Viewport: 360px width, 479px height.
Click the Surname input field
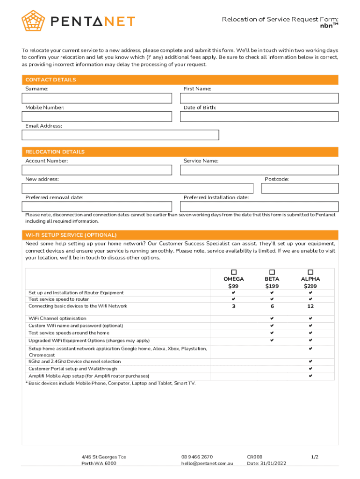click(x=97, y=98)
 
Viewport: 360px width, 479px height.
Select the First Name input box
click(x=259, y=98)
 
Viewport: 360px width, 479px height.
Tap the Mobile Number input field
click(x=97, y=116)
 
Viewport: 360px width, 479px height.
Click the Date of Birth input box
click(x=259, y=116)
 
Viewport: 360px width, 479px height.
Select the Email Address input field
click(x=120, y=135)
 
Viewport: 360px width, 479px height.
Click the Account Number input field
click(x=97, y=170)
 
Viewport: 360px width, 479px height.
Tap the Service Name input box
click(x=259, y=170)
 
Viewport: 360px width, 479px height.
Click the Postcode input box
click(x=300, y=188)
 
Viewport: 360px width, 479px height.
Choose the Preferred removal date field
click(x=97, y=206)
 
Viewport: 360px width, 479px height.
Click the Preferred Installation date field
click(x=259, y=206)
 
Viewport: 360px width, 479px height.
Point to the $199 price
click(x=272, y=286)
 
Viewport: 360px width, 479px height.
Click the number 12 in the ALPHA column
click(x=310, y=306)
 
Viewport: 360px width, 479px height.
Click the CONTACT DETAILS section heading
click(x=50, y=80)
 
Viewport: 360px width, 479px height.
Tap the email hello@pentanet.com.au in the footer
click(x=207, y=464)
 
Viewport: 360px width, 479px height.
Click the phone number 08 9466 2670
click(x=197, y=457)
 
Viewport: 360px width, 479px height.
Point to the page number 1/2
click(x=315, y=457)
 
